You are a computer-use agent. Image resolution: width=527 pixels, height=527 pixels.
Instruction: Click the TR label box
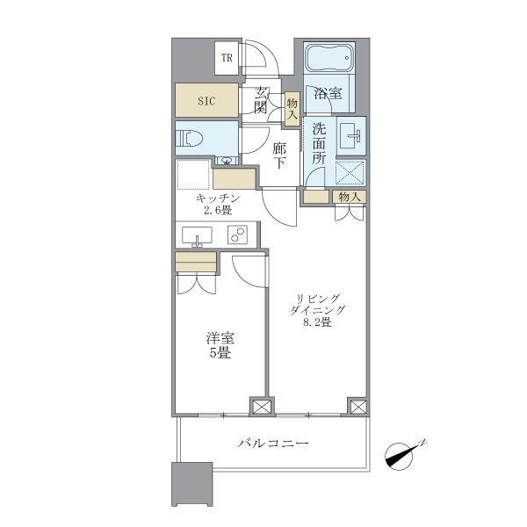(227, 59)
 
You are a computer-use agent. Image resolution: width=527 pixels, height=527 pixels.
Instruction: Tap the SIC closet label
(206, 100)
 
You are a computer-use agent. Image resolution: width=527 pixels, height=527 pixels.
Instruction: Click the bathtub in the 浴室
(328, 60)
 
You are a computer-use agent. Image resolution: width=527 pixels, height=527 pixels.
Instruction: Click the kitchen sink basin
(195, 235)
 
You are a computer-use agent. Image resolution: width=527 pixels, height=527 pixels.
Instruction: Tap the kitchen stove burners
(237, 235)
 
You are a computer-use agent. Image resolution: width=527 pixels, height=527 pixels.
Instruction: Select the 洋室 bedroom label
(220, 339)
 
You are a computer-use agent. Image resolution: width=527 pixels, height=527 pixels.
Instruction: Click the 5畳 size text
(220, 353)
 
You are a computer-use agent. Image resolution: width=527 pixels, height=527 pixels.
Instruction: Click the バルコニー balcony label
(274, 444)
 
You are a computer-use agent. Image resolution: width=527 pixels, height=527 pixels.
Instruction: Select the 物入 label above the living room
(348, 197)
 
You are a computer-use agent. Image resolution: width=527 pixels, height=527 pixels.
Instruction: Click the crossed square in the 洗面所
(350, 170)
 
